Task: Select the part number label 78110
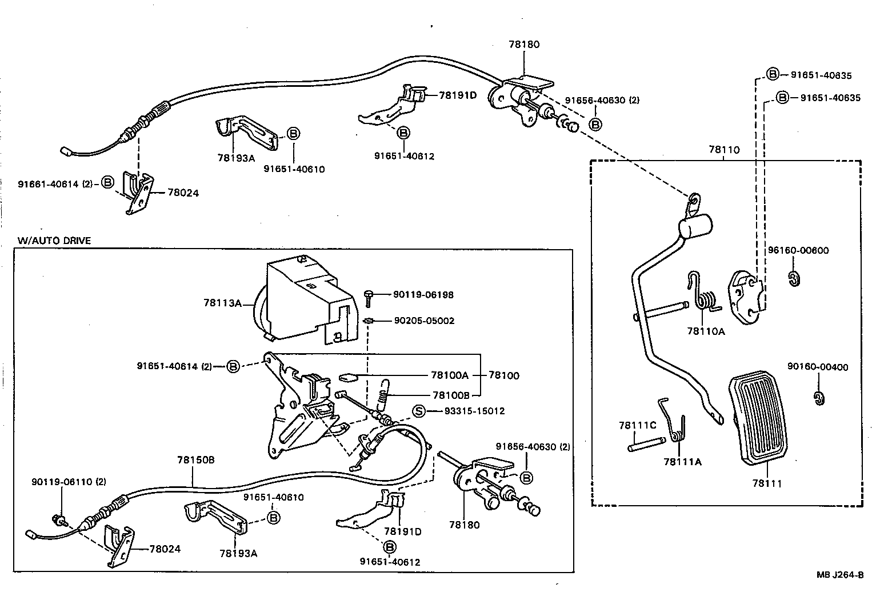pyautogui.click(x=723, y=150)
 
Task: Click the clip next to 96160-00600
pyautogui.click(x=793, y=279)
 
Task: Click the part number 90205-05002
pyautogui.click(x=424, y=321)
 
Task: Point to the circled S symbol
pyautogui.click(x=419, y=411)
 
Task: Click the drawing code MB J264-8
pyautogui.click(x=839, y=575)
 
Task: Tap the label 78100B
pyautogui.click(x=450, y=395)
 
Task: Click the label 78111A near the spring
pyautogui.click(x=682, y=462)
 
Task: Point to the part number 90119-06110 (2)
pyautogui.click(x=69, y=482)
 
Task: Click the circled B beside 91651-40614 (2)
pyautogui.click(x=233, y=366)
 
